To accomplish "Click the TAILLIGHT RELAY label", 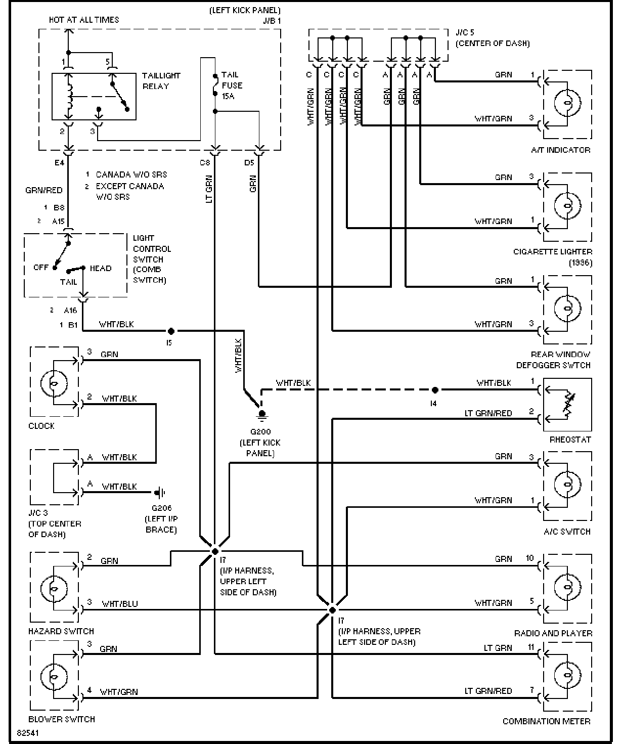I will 161,81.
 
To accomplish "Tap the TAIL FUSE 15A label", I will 232,85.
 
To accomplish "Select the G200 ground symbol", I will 262,414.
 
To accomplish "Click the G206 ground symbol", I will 160,492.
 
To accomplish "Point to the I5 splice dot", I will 171,331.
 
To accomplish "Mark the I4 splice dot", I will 435,390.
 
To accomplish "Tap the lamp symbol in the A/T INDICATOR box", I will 567,104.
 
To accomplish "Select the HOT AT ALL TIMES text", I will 84,20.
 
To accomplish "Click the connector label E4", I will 60,163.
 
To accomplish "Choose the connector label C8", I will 205,163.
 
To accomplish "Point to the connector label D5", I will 249,163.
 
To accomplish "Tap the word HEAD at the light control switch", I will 100,268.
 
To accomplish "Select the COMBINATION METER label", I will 546,721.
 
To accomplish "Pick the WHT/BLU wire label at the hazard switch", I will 120,604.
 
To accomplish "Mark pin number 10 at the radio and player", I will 529,558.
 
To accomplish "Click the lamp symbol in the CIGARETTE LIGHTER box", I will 567,206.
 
